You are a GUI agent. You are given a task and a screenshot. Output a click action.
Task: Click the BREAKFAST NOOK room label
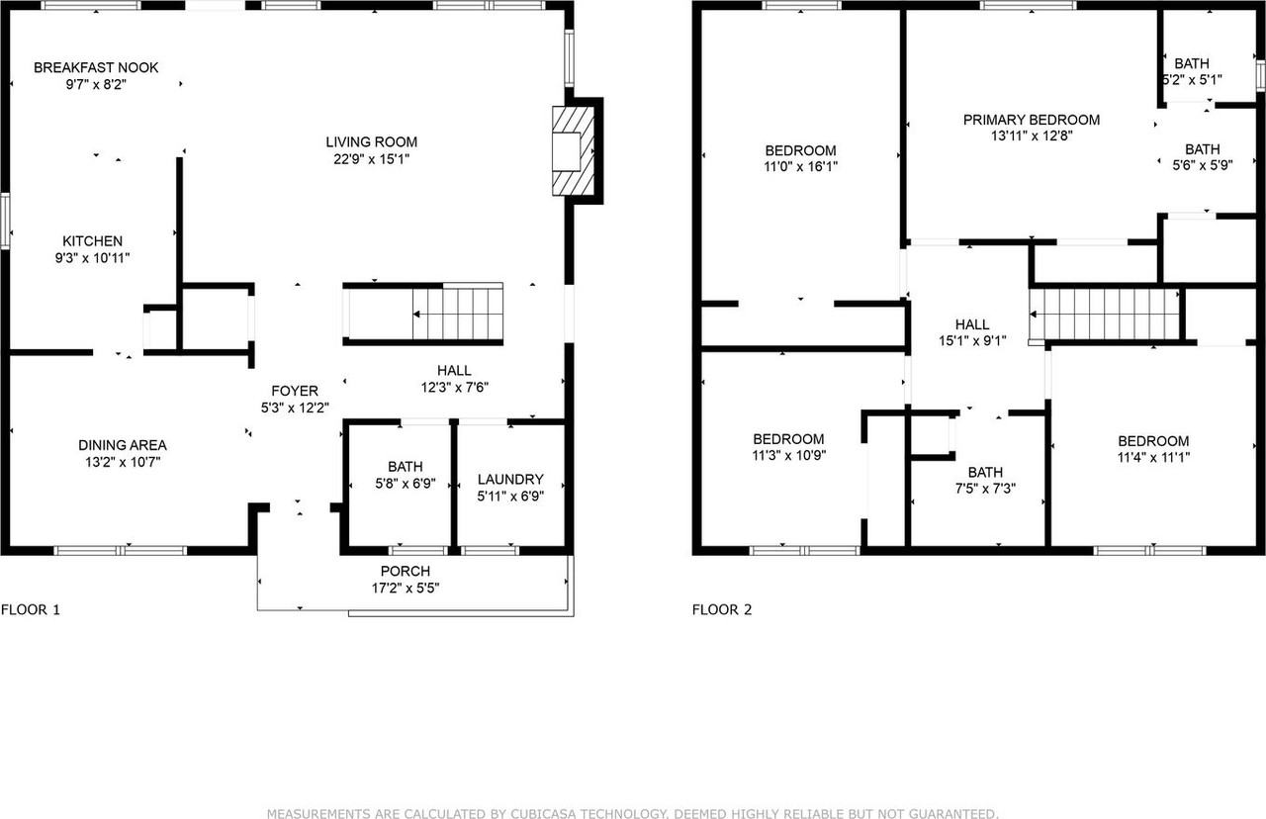[96, 67]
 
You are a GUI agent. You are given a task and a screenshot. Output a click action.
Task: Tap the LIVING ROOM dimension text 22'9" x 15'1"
[373, 158]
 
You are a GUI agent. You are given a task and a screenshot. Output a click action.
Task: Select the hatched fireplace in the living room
[572, 150]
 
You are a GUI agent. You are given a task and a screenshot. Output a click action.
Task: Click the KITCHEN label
[93, 240]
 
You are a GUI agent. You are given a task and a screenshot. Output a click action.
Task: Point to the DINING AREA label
[123, 445]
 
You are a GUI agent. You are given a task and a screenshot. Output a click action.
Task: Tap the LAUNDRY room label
[510, 479]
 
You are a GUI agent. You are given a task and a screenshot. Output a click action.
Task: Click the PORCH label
[406, 571]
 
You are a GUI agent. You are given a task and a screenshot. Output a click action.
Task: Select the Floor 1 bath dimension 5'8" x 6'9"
[406, 485]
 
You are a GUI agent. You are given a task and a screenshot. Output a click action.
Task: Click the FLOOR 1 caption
[31, 610]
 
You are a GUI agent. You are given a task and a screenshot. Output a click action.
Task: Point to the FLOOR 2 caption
[722, 610]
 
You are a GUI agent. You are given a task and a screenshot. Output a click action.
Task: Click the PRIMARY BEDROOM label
[1032, 120]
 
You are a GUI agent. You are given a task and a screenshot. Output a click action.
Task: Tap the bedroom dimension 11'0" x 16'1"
[801, 167]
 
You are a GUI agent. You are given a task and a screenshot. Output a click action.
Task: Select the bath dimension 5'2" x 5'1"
[1192, 80]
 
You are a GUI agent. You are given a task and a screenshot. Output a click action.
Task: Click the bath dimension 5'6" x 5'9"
[1203, 166]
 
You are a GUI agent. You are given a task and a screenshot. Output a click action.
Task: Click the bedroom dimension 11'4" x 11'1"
[1153, 457]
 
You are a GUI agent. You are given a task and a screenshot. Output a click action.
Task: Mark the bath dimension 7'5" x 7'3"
[985, 488]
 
